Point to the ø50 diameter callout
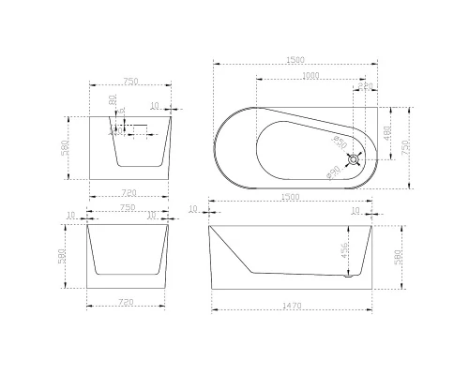(340, 142)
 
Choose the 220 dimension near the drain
(366, 86)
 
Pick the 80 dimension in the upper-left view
(113, 98)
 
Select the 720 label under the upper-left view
(128, 193)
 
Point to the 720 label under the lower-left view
(128, 302)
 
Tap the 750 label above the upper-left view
(128, 82)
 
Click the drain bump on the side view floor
(350, 274)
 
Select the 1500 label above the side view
(291, 198)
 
